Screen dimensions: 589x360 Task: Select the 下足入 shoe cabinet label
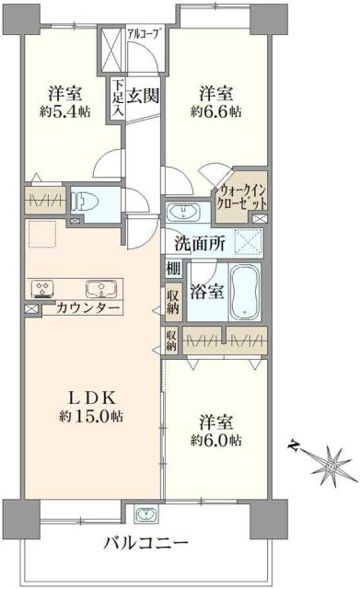click(118, 96)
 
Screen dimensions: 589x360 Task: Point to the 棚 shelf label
click(173, 269)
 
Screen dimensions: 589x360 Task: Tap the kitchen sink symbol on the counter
click(99, 287)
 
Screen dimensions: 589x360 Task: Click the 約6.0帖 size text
click(215, 441)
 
